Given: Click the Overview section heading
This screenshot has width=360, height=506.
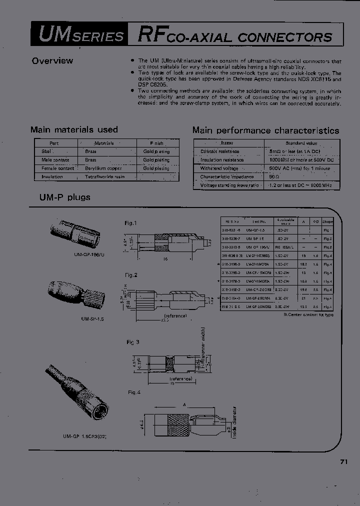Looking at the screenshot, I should click(52, 61).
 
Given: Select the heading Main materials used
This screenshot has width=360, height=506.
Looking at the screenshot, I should click(74, 129).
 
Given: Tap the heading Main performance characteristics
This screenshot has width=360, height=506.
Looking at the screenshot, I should click(265, 130).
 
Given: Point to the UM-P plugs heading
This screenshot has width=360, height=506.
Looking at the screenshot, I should click(65, 197).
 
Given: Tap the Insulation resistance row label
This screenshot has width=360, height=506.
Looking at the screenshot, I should click(222, 159).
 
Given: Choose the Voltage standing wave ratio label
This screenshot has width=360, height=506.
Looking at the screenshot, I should click(229, 185).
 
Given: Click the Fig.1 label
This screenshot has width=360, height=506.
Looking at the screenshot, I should click(130, 223).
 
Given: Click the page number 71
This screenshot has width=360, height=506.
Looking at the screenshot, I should click(343, 462).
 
